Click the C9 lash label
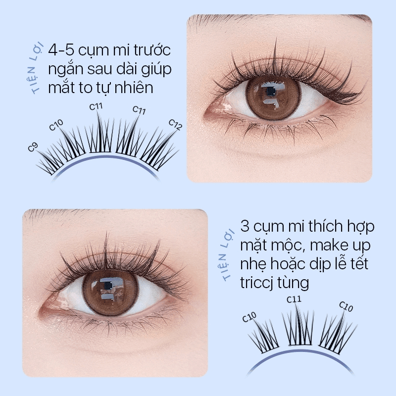33,147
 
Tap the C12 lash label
175,125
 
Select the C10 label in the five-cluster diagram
56,125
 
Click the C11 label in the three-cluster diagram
294,299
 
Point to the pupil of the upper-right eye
271,91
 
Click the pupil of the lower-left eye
108,286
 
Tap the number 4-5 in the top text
61,50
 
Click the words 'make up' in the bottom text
341,245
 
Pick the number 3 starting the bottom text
245,226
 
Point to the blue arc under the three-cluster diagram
300,351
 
